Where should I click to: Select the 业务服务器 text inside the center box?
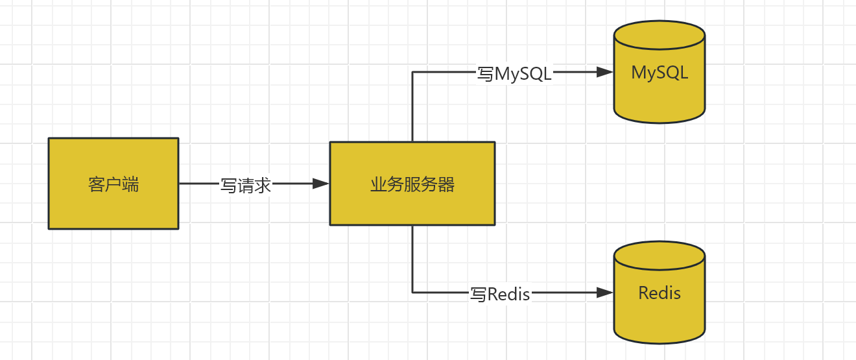click(412, 185)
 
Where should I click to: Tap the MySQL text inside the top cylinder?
click(660, 73)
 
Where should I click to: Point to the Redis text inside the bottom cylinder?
click(660, 293)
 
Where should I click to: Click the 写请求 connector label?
click(246, 186)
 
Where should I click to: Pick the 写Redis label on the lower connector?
click(500, 294)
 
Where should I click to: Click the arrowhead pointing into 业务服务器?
click(321, 184)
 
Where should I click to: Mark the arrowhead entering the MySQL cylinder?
click(604, 72)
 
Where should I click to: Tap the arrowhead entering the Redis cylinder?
click(604, 293)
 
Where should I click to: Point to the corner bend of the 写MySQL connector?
click(412, 72)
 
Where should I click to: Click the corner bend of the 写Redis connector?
click(412, 293)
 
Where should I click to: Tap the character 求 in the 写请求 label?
click(263, 186)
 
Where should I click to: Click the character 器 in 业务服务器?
click(446, 185)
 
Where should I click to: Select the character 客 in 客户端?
click(96, 185)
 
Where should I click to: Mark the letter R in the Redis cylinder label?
click(644, 293)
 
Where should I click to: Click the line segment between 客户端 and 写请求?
click(198, 184)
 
